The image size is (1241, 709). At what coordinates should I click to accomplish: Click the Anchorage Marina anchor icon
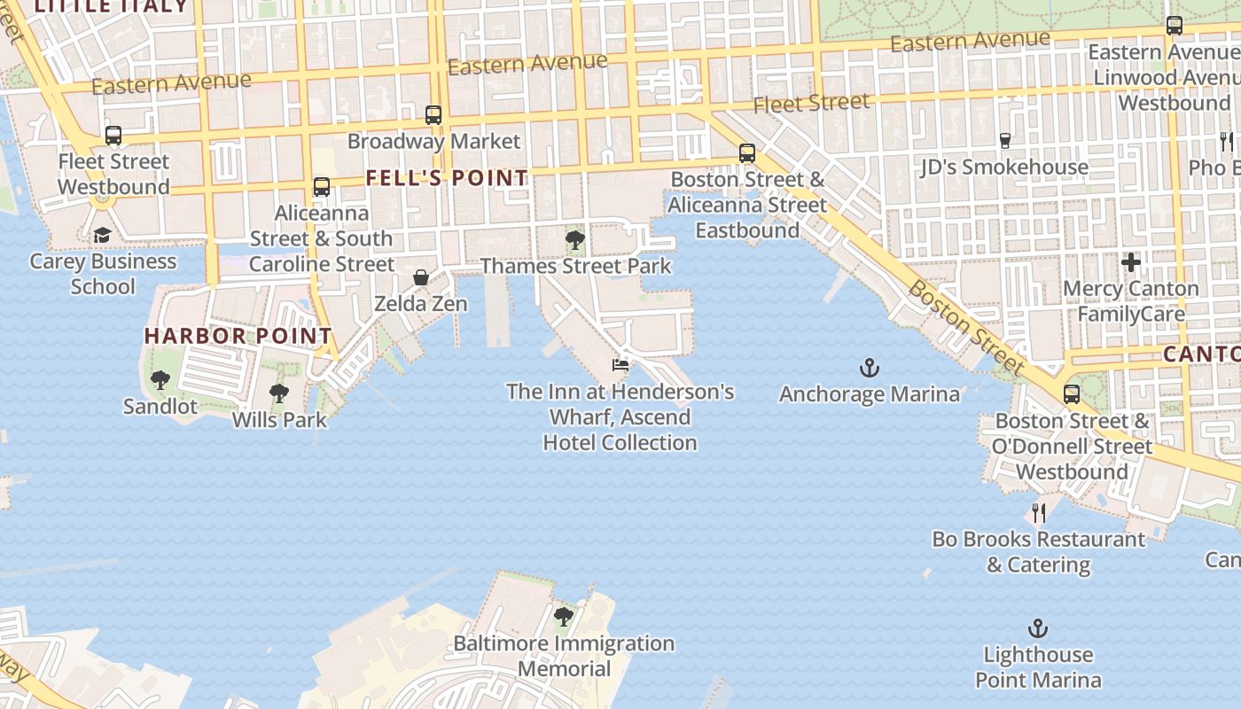869,367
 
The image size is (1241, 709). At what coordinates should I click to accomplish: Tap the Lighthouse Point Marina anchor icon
1037,629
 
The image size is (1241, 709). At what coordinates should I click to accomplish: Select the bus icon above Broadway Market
433,114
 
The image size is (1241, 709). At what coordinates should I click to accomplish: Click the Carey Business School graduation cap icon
102,235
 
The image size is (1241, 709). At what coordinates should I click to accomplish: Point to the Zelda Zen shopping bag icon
421,277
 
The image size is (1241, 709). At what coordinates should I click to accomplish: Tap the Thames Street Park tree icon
574,239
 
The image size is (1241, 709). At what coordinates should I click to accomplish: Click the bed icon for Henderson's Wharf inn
620,364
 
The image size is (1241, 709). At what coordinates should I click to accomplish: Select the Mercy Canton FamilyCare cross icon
1130,262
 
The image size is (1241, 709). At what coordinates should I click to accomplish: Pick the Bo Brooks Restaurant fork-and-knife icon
1038,512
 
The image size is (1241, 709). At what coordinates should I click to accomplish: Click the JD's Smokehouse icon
1004,140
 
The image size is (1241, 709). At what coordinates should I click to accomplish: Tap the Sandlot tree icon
160,381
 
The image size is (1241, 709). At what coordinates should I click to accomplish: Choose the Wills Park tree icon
279,393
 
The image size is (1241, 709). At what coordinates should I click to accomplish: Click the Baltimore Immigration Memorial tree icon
564,616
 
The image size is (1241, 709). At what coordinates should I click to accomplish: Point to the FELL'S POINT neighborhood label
447,178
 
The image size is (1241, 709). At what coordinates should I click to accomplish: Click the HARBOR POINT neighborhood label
238,336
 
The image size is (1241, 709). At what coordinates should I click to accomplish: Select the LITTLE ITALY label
111,6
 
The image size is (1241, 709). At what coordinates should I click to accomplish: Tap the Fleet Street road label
811,104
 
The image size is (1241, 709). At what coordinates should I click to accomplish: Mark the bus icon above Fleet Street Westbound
113,136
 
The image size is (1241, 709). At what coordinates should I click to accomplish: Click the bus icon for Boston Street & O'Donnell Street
1072,393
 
